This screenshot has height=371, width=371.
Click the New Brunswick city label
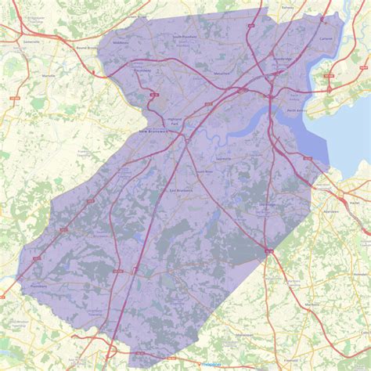(154, 131)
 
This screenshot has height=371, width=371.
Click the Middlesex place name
(121, 42)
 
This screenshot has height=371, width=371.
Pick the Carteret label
(326, 38)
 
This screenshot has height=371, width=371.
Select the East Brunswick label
(182, 189)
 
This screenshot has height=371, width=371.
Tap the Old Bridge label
(268, 205)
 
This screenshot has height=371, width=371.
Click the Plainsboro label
(39, 285)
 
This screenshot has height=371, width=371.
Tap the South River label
(204, 171)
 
